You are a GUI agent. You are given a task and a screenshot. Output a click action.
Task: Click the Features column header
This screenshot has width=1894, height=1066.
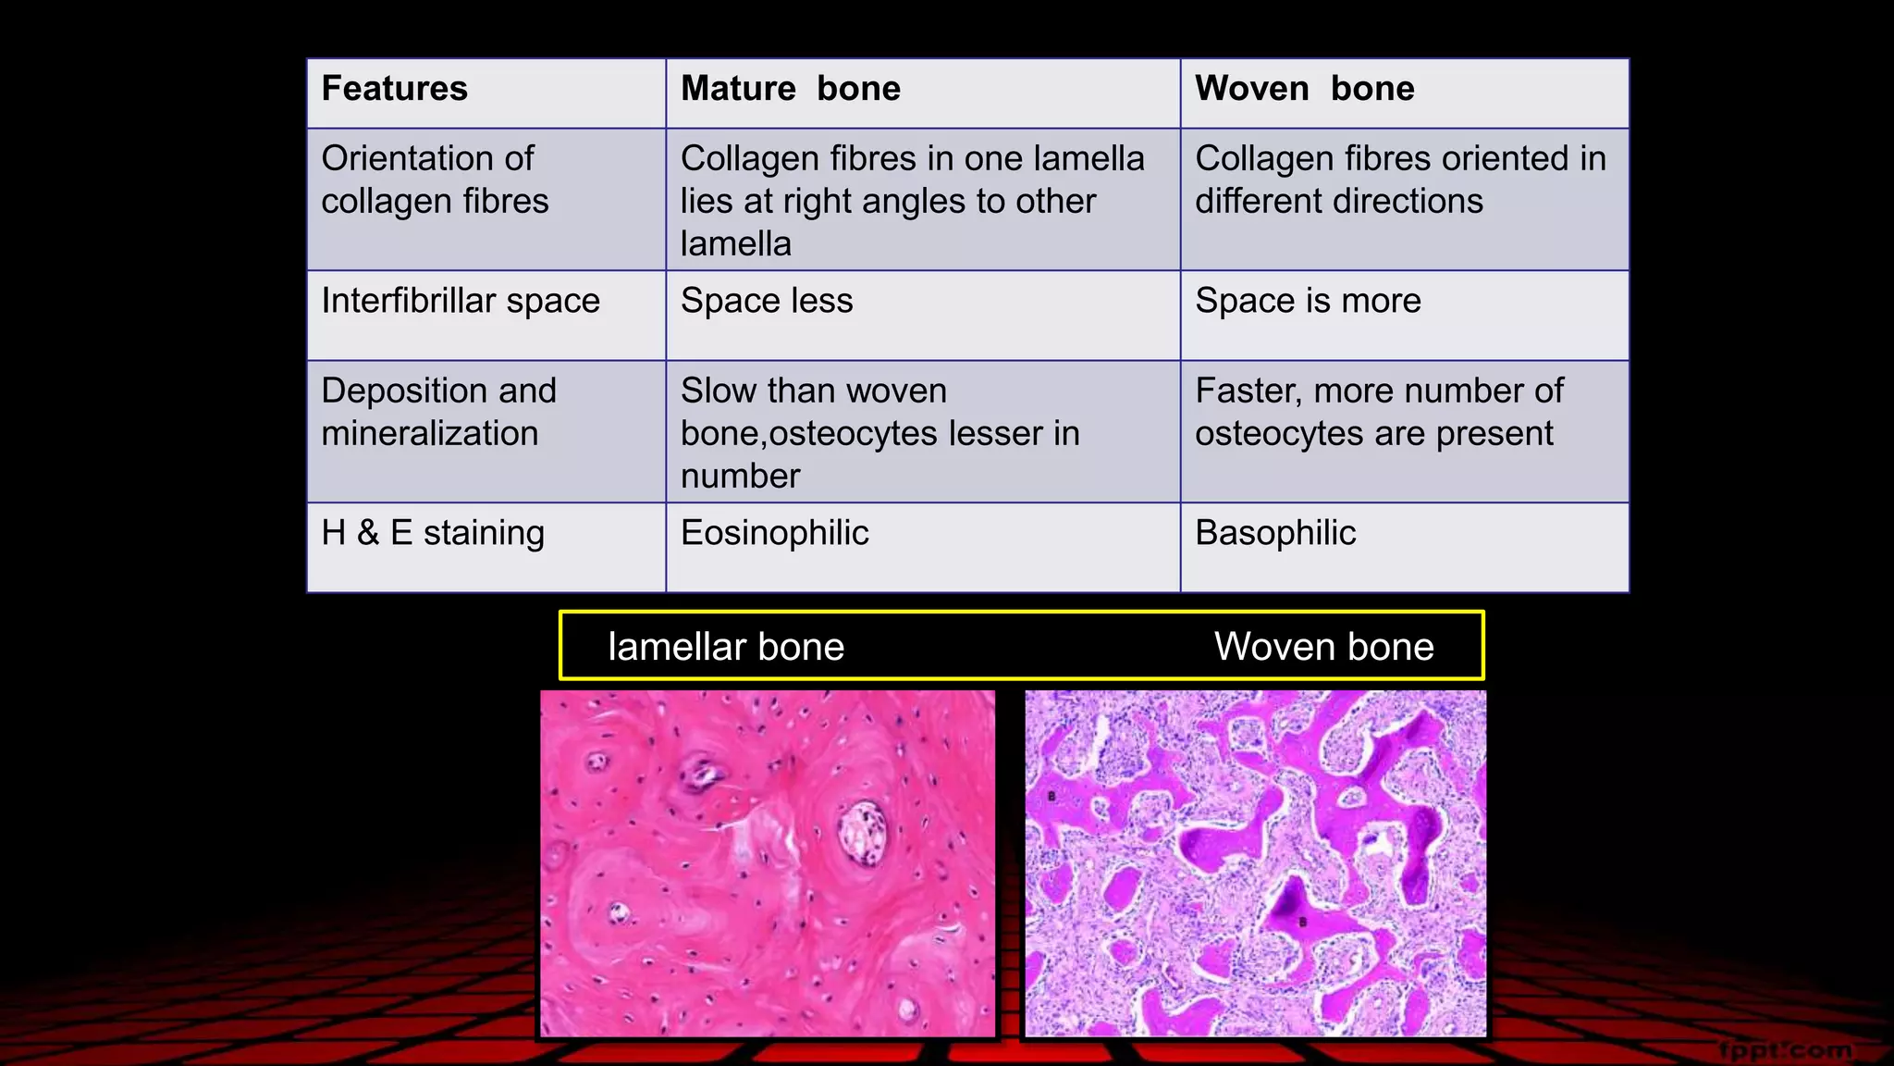pos(395,89)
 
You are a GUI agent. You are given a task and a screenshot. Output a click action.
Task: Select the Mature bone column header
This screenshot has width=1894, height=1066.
pos(791,89)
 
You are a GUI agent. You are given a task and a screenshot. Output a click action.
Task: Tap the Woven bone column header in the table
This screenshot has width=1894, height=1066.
pos(1304,89)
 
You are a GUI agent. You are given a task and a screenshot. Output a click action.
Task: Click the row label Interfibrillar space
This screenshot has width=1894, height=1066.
pos(461,302)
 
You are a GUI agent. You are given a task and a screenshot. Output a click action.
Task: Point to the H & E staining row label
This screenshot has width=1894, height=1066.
pos(433,534)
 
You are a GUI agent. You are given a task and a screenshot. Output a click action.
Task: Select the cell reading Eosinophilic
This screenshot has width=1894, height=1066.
pos(775,534)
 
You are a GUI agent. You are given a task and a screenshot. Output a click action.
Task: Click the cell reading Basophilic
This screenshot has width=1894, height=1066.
pos(1275,534)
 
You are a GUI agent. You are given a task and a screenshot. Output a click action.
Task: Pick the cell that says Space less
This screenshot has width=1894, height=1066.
pos(767,302)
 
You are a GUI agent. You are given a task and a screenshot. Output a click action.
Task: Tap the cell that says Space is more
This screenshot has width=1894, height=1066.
pos(1308,302)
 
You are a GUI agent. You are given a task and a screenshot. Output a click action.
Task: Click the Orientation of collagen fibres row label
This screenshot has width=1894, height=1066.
pos(435,180)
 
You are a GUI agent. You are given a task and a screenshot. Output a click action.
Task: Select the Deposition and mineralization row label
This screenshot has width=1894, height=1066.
pos(438,413)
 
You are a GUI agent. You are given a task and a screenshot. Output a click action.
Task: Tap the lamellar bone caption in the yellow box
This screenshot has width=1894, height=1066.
pos(726,647)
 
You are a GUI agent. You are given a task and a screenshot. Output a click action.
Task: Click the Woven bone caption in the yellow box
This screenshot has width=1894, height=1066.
pos(1323,647)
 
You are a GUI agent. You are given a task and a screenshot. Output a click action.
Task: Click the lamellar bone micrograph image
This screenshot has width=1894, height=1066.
pos(768,863)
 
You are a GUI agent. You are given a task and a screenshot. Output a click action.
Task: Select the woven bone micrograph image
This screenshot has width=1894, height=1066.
pos(1255,863)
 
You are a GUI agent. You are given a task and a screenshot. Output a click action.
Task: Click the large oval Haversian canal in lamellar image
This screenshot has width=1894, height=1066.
pos(862,832)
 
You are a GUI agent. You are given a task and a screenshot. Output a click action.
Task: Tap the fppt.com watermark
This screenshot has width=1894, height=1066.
pos(1786,1050)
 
